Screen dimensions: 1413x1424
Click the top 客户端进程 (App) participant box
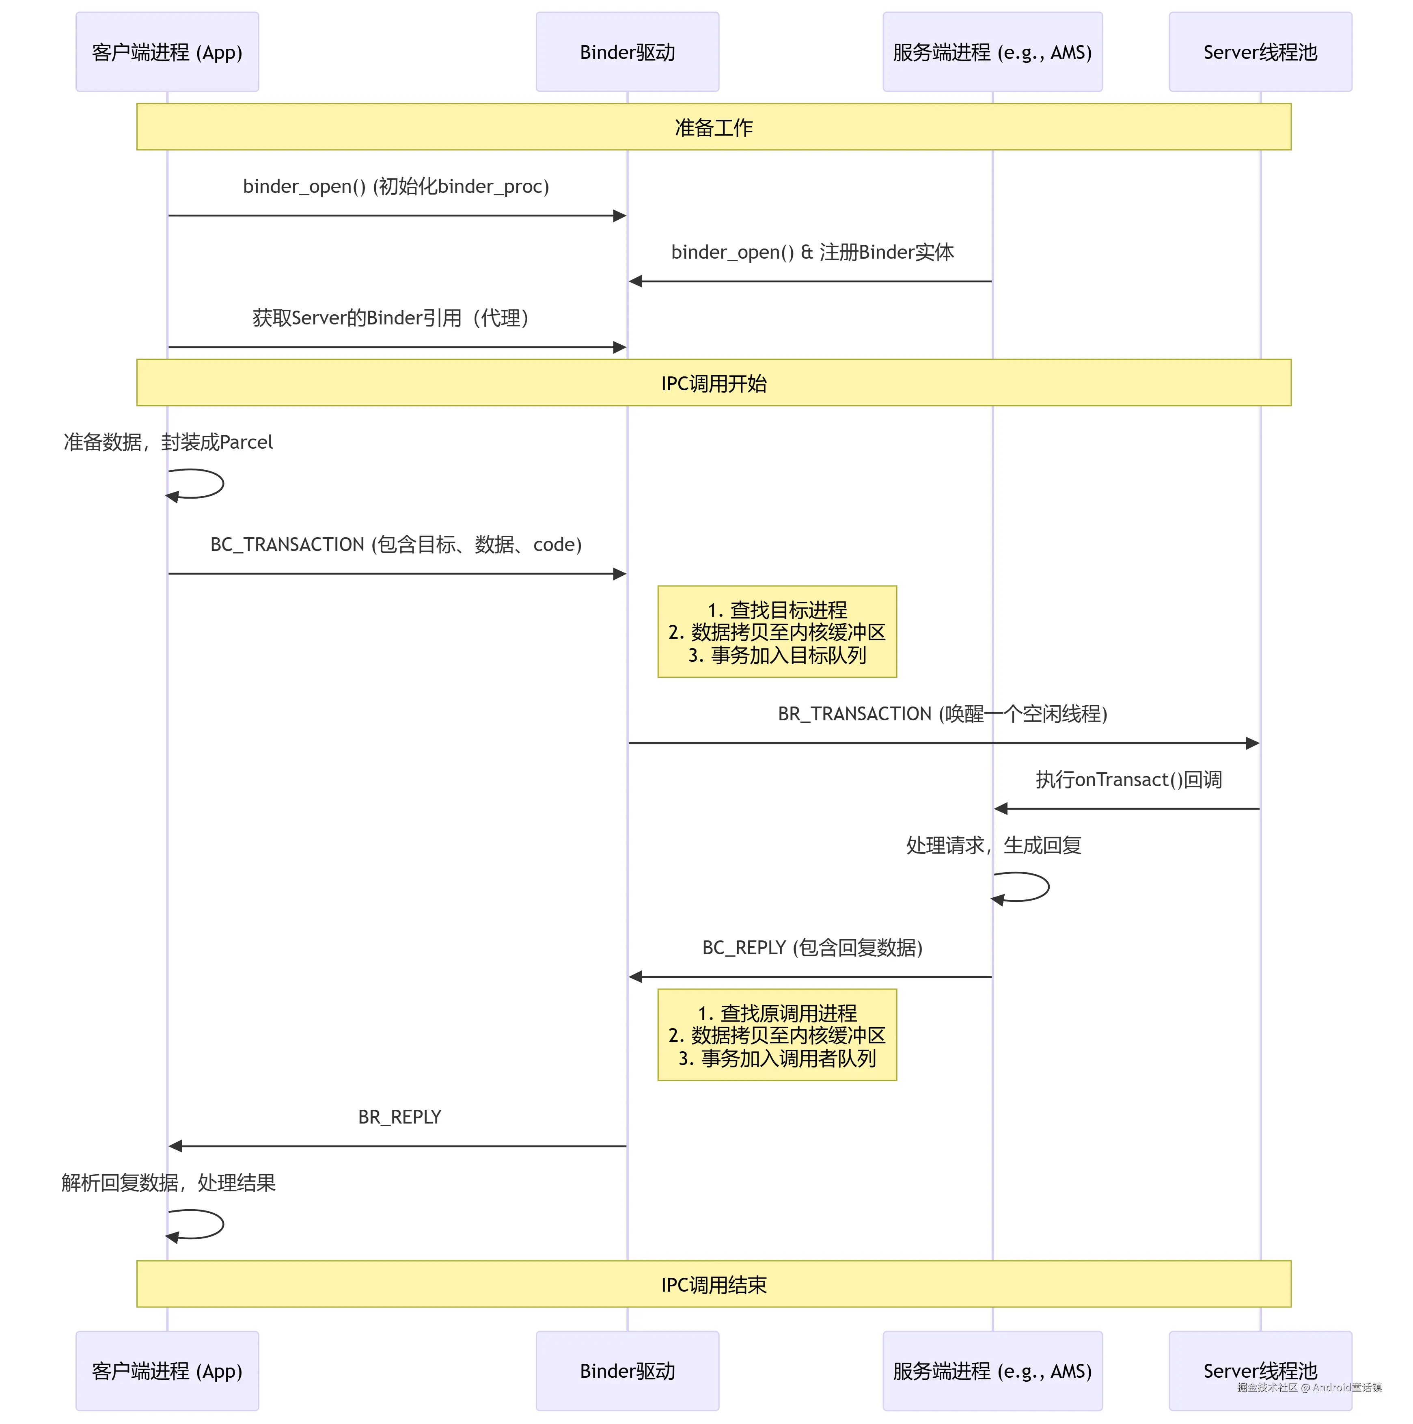tap(167, 52)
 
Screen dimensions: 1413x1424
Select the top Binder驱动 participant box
tap(627, 52)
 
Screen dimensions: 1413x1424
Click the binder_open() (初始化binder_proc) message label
tap(396, 186)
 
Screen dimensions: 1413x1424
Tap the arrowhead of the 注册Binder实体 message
tap(635, 281)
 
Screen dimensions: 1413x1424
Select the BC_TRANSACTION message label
tap(396, 545)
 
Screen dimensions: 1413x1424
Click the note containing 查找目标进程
tap(777, 632)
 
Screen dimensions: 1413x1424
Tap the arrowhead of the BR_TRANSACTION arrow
tap(1252, 743)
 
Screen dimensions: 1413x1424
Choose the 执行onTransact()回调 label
tap(1128, 780)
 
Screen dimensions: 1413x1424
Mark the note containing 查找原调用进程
tap(777, 1035)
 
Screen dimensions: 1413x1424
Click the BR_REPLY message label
tap(399, 1117)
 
